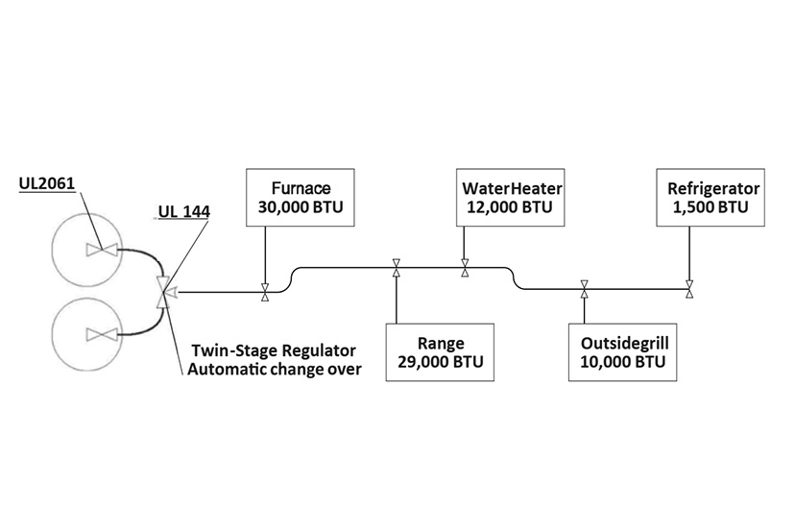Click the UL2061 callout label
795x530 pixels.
[x=47, y=183]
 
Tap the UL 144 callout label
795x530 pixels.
[x=184, y=211]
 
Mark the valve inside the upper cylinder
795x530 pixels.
[x=102, y=249]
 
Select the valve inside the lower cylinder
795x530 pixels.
[x=102, y=334]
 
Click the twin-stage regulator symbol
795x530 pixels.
[x=163, y=292]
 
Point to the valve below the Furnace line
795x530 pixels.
[x=265, y=292]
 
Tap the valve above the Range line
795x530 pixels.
[x=397, y=268]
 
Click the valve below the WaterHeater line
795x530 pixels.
[x=465, y=268]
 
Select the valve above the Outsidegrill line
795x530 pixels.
[x=584, y=289]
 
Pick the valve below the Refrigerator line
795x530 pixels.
[x=689, y=289]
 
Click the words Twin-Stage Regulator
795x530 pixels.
[x=274, y=350]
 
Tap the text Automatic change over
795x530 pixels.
[x=275, y=369]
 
